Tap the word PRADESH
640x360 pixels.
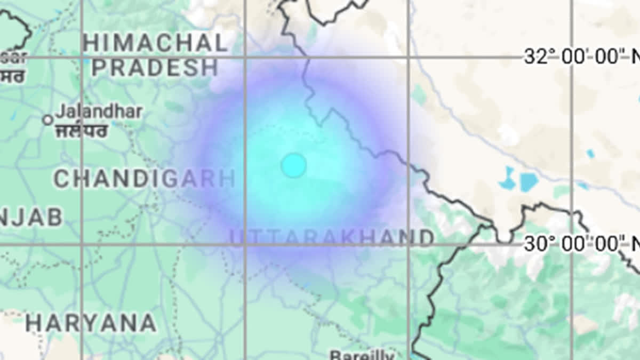click(155, 68)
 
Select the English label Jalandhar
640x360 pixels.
click(99, 112)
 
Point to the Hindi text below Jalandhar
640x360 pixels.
click(81, 130)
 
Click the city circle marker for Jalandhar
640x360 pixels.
click(47, 120)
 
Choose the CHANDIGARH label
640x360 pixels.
click(144, 179)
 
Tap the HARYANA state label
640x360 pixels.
click(91, 323)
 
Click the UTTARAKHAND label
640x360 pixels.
click(332, 237)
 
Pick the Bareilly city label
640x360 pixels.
click(362, 355)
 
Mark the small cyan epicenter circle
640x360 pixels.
click(293, 165)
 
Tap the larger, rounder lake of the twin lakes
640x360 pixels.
click(529, 182)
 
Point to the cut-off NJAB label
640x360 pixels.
click(31, 218)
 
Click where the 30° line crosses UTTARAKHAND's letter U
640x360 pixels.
click(238, 244)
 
